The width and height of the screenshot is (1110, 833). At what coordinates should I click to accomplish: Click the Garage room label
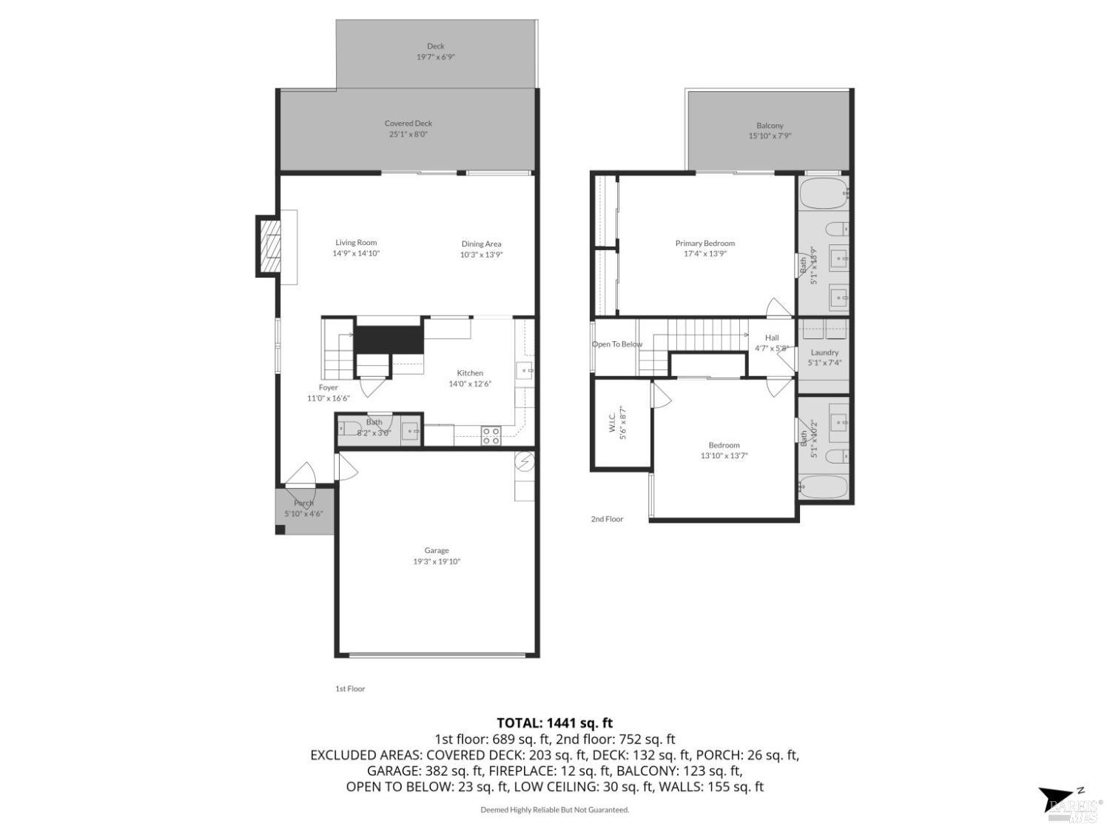(437, 550)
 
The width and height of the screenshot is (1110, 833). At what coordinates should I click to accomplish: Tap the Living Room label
(356, 242)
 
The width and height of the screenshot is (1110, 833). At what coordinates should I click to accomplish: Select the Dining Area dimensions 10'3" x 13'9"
(482, 255)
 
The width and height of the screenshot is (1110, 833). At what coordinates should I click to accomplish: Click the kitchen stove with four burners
(491, 435)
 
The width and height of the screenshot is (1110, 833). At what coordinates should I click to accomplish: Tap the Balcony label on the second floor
(770, 126)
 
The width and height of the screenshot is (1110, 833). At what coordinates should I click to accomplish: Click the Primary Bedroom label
(704, 243)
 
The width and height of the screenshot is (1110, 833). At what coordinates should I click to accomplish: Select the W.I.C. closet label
(613, 423)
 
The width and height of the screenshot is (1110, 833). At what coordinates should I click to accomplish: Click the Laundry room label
(824, 352)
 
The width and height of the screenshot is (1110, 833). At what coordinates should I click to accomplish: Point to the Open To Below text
(617, 344)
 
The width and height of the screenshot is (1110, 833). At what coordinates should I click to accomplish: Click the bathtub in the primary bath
(824, 193)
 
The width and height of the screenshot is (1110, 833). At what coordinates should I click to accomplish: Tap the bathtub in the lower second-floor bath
(824, 487)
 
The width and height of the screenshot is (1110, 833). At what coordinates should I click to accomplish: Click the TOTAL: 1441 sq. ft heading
(554, 723)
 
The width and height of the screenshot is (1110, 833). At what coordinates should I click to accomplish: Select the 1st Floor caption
(350, 689)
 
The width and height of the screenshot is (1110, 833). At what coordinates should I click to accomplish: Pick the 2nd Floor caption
(607, 519)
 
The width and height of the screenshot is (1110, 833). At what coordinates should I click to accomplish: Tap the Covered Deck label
(408, 124)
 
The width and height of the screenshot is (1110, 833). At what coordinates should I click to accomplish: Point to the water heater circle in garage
(525, 462)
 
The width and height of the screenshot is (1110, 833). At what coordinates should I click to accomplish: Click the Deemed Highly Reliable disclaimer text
(554, 810)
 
